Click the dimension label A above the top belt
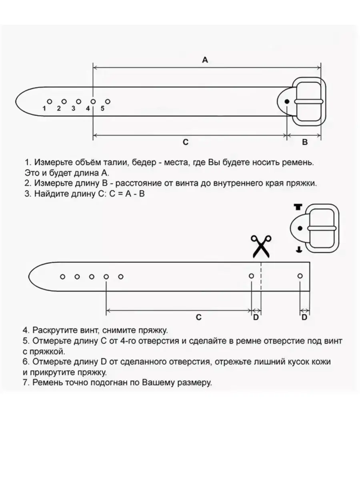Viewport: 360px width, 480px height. coord(205,60)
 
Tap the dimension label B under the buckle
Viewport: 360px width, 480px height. coord(304,142)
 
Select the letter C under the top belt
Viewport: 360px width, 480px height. coord(186,142)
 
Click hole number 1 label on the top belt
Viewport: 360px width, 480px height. coord(44,108)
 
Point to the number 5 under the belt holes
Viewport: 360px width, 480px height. coord(102,108)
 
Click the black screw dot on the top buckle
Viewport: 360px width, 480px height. coord(287,102)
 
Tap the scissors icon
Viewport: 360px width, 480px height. coord(261,246)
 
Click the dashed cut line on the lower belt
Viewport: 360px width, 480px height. coord(261,280)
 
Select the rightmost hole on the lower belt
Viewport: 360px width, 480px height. coord(300,276)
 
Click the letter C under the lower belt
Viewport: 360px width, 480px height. coord(198,317)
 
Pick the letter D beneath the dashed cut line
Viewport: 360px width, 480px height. coord(256,317)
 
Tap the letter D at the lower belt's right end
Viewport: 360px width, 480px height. coord(304,317)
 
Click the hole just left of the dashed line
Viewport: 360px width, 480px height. coord(251,276)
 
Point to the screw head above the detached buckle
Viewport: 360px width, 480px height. coord(297,207)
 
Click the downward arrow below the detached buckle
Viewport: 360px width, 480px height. coord(298,250)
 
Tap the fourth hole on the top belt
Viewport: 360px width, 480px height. coord(93,102)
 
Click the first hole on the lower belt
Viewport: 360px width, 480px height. coord(62,276)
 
